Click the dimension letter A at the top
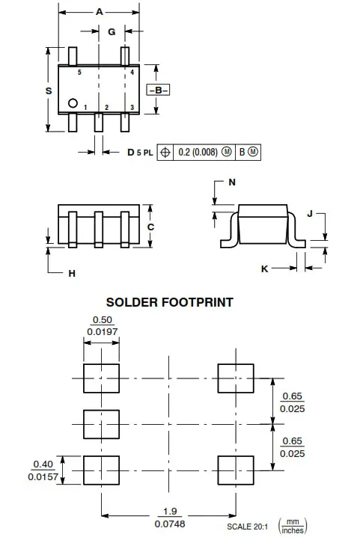click(100, 12)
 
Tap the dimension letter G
click(112, 31)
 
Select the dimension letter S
click(48, 90)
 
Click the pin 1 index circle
click(73, 103)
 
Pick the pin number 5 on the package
click(79, 73)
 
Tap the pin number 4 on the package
click(132, 73)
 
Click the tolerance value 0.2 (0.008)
click(198, 152)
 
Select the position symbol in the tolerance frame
click(165, 152)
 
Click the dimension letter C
click(150, 227)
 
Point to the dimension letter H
click(72, 274)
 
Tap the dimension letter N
click(232, 182)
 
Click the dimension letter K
click(264, 268)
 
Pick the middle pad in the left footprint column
click(100, 424)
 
